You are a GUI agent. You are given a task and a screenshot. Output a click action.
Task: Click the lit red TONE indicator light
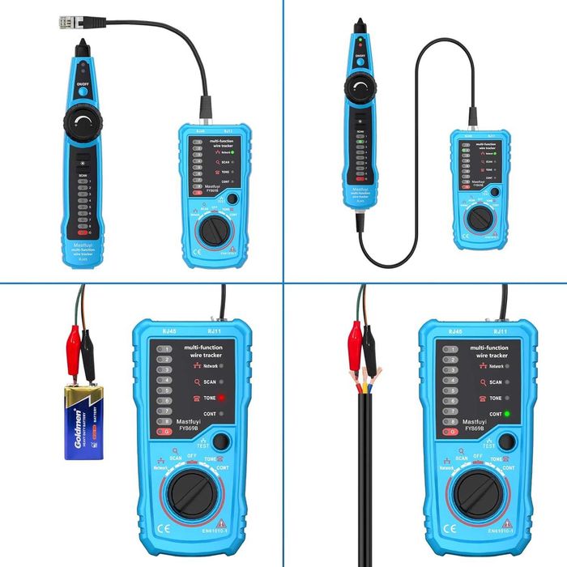click(x=220, y=399)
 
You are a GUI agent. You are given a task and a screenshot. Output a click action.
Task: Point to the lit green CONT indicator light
click(x=506, y=414)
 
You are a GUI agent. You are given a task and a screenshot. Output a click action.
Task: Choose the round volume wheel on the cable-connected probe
click(x=362, y=86)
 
